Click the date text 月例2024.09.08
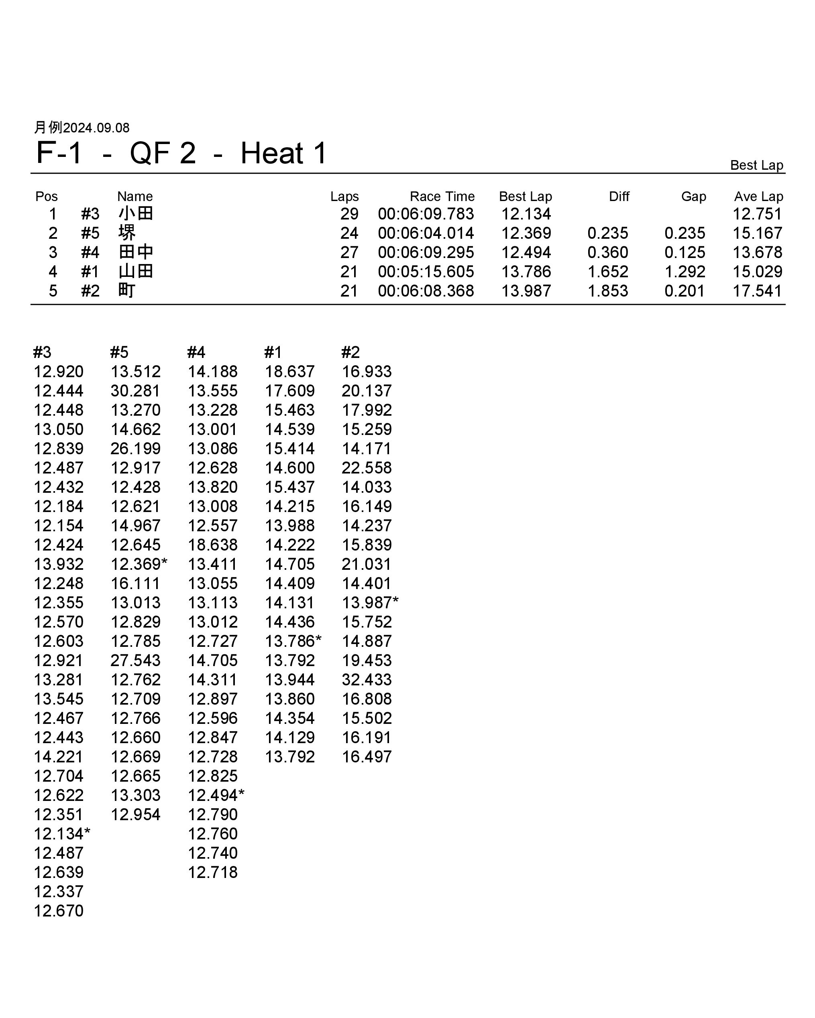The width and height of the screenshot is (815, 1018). (x=82, y=128)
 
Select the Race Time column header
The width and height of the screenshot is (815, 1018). (x=442, y=197)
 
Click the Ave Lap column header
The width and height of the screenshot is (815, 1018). (x=758, y=197)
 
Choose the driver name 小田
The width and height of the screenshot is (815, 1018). (x=136, y=214)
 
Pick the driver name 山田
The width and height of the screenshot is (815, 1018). (x=136, y=272)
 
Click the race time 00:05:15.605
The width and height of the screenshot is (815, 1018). (x=426, y=272)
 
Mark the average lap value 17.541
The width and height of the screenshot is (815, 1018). (x=757, y=291)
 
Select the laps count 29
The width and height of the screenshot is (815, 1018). (x=349, y=214)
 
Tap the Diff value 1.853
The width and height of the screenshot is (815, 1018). (x=607, y=291)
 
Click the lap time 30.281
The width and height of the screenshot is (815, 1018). (x=136, y=391)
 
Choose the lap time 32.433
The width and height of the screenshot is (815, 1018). (x=367, y=679)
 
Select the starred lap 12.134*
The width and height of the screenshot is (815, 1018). (x=61, y=834)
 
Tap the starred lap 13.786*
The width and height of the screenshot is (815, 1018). (x=293, y=641)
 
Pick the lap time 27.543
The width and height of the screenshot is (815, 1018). (x=136, y=660)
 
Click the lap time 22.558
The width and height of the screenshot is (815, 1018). (x=367, y=468)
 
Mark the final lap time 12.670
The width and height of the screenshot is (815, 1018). (x=59, y=911)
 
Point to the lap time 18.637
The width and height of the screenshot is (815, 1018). (x=289, y=372)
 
